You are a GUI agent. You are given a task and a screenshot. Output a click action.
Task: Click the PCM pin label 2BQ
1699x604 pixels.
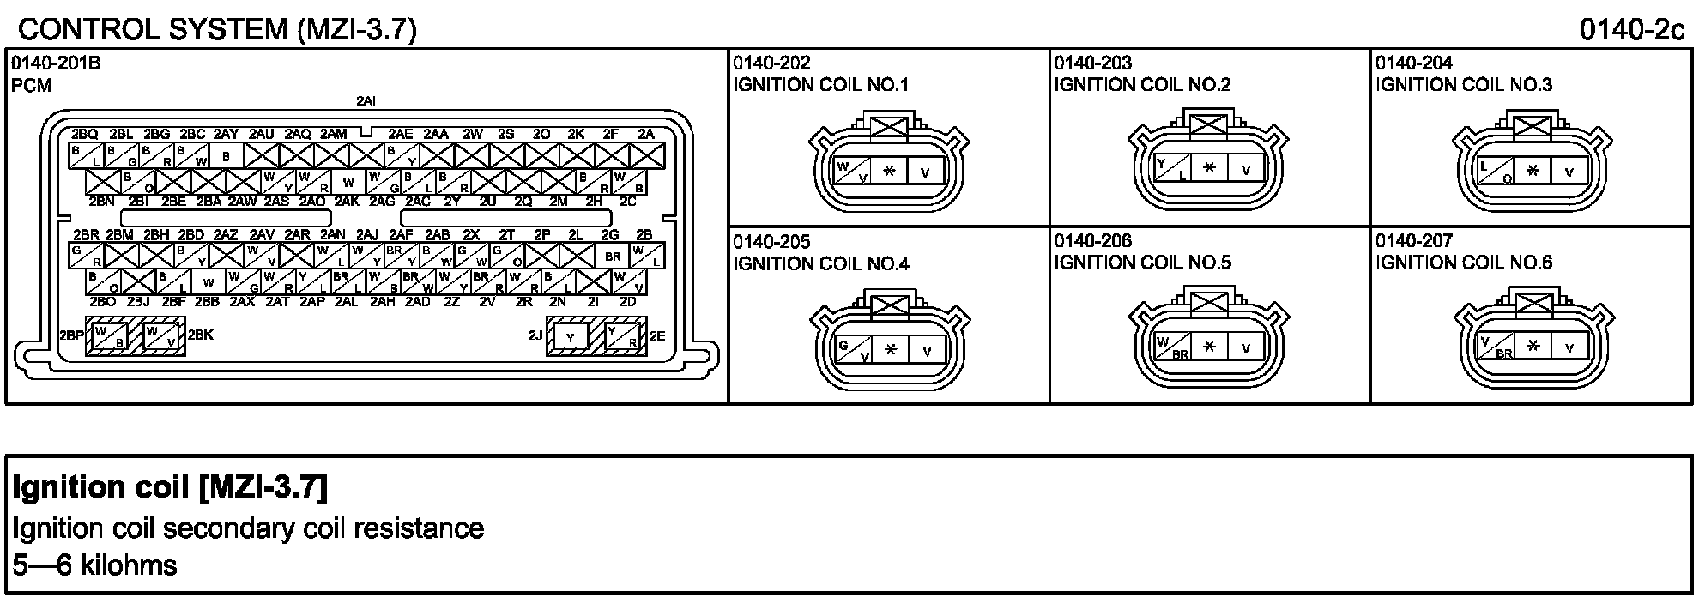click(x=84, y=134)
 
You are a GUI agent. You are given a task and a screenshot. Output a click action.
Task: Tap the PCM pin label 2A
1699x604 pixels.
click(x=646, y=134)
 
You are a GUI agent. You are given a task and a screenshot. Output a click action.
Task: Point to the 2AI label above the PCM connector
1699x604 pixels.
click(x=366, y=101)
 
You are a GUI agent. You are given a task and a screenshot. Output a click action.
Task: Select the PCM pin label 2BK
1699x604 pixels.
click(x=200, y=335)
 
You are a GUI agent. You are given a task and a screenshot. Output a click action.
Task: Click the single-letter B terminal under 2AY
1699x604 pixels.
click(x=227, y=156)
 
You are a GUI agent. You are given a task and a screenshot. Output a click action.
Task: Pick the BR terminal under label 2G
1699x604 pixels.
click(x=612, y=256)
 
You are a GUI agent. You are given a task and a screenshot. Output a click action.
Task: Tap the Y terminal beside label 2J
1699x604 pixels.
click(x=570, y=337)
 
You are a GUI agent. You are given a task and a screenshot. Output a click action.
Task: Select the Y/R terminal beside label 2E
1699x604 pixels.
click(x=624, y=337)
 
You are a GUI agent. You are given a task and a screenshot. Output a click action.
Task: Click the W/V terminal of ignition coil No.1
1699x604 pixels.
click(x=852, y=171)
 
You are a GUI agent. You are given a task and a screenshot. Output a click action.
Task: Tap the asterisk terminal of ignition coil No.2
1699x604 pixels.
click(x=1209, y=169)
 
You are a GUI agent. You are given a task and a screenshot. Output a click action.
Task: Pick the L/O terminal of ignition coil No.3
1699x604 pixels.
click(x=1496, y=171)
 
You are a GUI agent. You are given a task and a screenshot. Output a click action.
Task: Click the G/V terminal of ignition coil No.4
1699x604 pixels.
click(x=852, y=349)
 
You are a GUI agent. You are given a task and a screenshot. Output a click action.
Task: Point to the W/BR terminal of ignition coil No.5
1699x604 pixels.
click(x=1173, y=347)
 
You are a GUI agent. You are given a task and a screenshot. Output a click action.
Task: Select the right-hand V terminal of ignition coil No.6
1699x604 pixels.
click(x=1569, y=347)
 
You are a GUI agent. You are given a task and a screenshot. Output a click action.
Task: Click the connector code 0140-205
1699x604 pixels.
click(x=771, y=242)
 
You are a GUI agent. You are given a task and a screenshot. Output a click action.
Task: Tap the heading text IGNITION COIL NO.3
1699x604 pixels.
click(x=1464, y=84)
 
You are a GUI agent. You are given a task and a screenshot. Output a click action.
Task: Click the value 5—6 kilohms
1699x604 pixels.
click(x=95, y=565)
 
